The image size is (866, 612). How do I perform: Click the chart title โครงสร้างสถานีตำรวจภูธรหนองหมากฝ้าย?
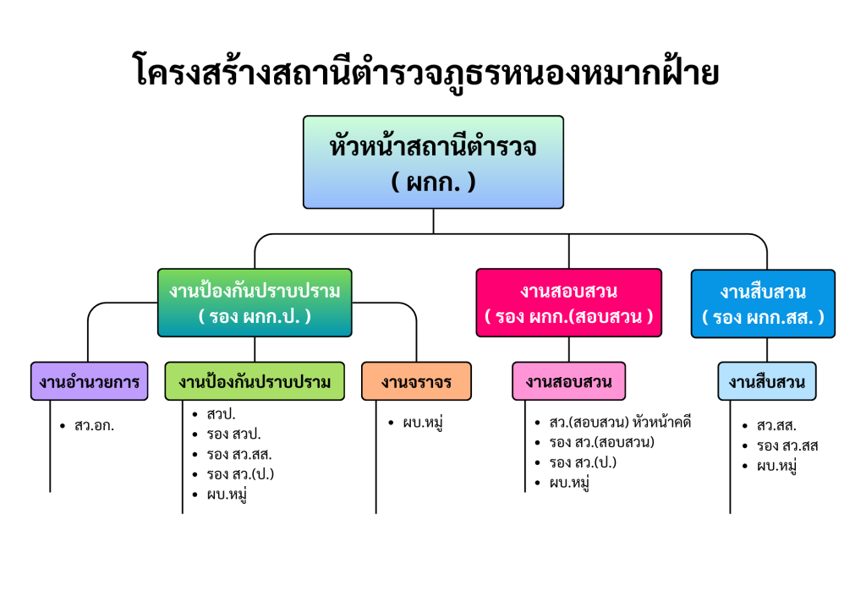point(427,72)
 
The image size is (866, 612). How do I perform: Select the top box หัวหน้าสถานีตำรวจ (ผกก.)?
point(433,162)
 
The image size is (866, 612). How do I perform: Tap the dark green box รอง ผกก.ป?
point(255,303)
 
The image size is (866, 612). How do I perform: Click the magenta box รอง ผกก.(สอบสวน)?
point(568,303)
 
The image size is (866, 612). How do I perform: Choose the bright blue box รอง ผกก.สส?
point(763,303)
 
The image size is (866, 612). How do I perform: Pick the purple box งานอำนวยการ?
point(88,381)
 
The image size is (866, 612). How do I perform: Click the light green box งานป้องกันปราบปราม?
point(255,381)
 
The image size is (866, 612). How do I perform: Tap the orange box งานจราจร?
point(416,381)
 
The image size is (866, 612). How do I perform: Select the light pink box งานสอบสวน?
point(568,381)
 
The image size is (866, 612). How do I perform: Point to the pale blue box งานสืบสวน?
point(767,381)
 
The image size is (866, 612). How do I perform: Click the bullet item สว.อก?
point(94,425)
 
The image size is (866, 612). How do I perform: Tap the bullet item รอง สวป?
point(233,434)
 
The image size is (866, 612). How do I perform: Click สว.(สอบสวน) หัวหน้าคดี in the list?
point(620,422)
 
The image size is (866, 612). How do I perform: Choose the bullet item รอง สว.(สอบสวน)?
point(601,442)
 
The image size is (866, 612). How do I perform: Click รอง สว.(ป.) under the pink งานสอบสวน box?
point(583,462)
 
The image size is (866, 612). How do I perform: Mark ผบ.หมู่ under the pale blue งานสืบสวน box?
point(777,466)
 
